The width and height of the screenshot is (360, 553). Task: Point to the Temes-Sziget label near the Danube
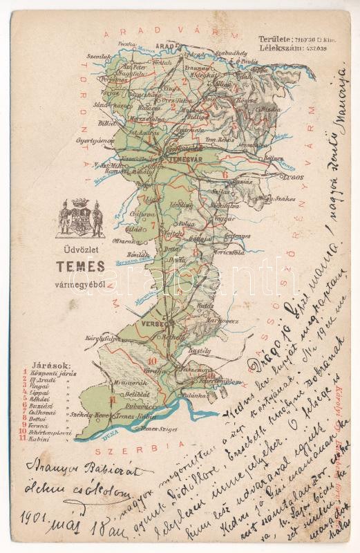[x=157, y=430]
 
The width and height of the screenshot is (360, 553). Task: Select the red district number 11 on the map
[x=111, y=399]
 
